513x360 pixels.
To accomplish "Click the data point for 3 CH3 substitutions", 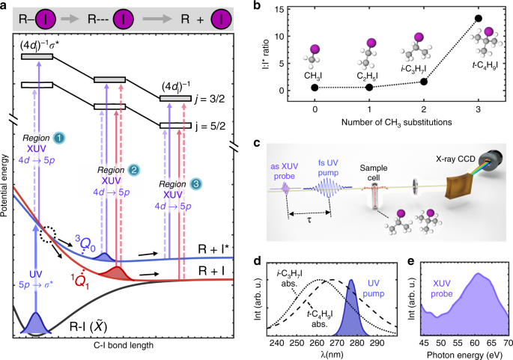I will [478, 18].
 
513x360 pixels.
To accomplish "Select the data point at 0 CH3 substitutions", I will [315, 88].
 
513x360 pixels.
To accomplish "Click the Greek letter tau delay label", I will [309, 222].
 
